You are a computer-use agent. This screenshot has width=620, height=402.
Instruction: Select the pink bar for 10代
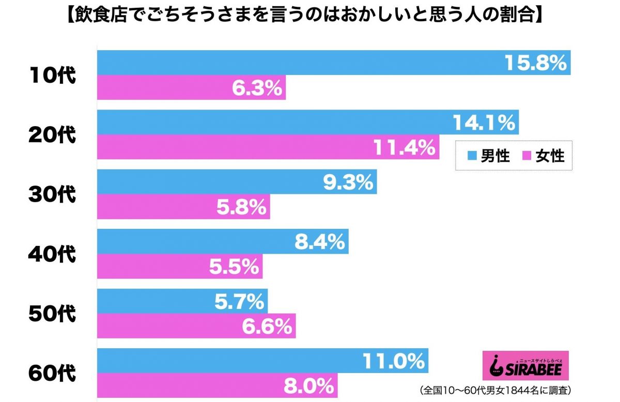point(191,88)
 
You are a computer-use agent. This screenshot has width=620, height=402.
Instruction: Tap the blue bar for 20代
point(307,122)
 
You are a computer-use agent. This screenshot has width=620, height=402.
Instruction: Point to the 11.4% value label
point(405,147)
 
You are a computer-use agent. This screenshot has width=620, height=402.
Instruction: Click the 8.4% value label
point(320,242)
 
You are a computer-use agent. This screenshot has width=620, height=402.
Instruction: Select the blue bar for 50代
point(182,301)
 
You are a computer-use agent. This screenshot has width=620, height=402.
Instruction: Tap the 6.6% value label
point(267,326)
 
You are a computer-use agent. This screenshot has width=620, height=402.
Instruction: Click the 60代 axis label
point(52,373)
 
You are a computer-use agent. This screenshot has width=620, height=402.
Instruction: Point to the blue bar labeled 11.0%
point(262,361)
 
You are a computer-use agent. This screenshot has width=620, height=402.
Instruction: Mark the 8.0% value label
point(309,385)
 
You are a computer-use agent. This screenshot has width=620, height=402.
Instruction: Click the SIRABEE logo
point(523,366)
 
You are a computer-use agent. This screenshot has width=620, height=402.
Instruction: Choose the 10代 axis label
point(52,75)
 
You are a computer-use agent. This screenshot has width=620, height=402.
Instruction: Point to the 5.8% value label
point(242,207)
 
